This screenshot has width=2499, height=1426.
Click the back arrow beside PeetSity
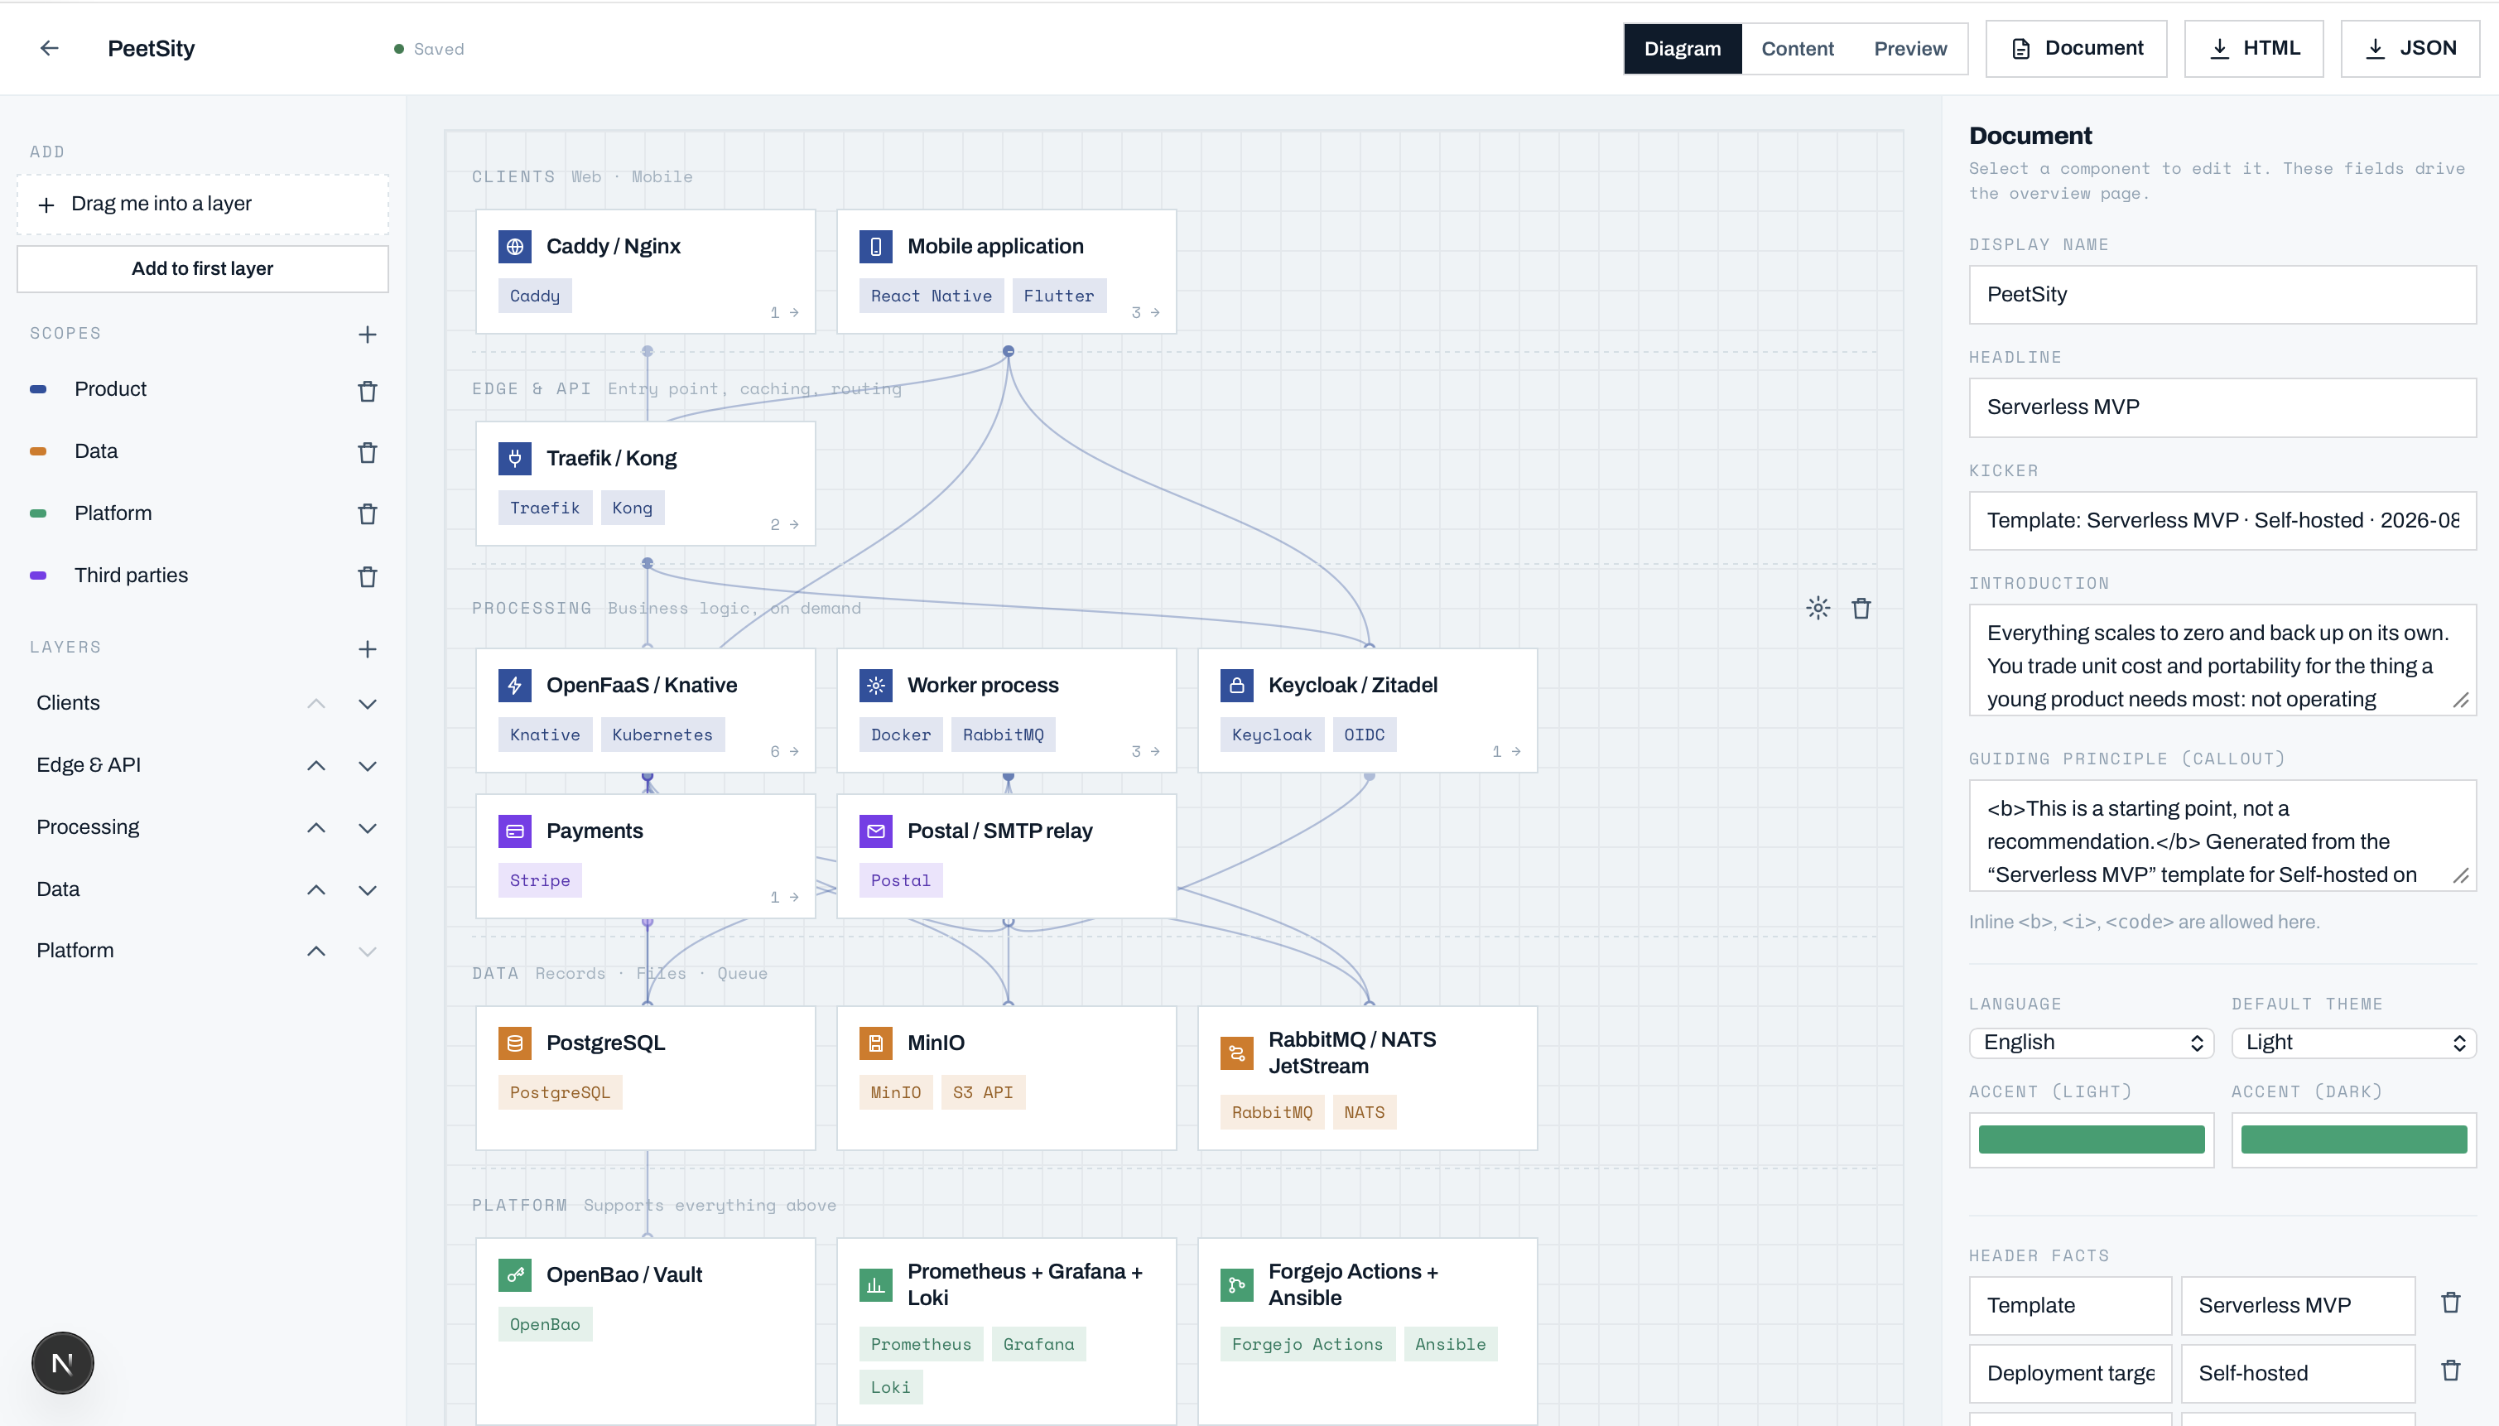49,48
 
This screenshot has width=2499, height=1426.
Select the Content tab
1797,48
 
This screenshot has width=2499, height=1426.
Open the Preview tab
1909,48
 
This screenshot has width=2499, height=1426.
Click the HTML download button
2253,48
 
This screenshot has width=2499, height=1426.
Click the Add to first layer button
203,268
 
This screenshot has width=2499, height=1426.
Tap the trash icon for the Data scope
367,452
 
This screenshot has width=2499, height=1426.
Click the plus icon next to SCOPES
367,334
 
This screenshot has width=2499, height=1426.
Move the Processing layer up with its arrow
316,827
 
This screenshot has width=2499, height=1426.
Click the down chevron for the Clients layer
367,704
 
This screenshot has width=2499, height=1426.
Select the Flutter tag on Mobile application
1058,296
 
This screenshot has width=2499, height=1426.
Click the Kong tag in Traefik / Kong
632,508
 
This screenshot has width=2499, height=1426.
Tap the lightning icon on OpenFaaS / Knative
515,686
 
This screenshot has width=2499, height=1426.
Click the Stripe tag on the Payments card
540,880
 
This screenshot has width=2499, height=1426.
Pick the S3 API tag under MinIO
983,1092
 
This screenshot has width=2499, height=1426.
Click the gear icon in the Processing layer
1818,608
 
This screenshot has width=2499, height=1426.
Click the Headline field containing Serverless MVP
2222,407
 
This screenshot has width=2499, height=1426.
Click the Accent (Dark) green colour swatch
2353,1139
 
